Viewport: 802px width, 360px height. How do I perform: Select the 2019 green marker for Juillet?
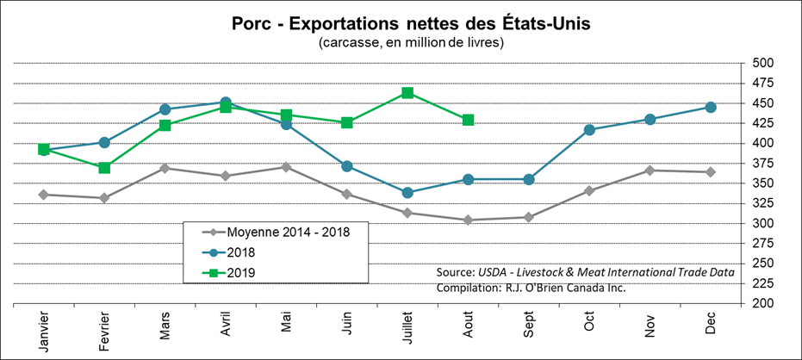(407, 93)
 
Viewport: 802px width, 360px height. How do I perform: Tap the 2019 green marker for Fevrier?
(104, 167)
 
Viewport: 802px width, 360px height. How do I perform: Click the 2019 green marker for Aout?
(468, 120)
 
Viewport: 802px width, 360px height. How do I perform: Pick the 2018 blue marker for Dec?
(711, 107)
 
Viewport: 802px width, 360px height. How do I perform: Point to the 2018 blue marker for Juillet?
(407, 192)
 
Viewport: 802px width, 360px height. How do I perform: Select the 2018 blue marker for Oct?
(589, 130)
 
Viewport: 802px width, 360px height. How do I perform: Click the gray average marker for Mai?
(286, 166)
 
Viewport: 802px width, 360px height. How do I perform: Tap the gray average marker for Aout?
(468, 220)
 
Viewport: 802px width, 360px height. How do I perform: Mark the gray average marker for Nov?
(650, 171)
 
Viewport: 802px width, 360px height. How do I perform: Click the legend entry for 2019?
(242, 273)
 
